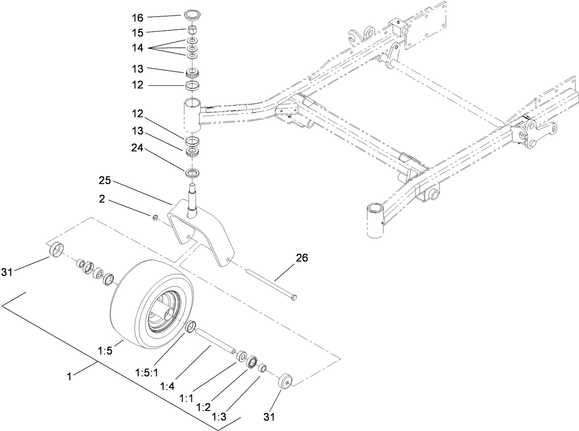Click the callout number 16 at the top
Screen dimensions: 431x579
coord(137,18)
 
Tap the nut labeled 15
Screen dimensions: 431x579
coord(192,30)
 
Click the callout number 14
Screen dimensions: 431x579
coord(137,48)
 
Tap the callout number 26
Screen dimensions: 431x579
coord(302,258)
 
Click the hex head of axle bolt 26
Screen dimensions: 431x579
coord(293,297)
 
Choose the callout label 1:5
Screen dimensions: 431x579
coord(105,350)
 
